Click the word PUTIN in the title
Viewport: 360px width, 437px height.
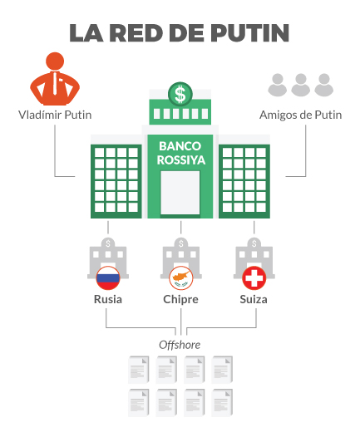[x=249, y=33]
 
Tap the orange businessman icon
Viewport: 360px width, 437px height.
[x=55, y=79]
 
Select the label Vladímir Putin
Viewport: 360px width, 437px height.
[x=55, y=115]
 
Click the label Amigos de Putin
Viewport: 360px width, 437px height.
[x=301, y=115]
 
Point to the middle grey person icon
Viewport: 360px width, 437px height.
[x=301, y=85]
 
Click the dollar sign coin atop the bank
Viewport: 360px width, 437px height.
[x=180, y=94]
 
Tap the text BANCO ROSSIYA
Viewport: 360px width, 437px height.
[x=180, y=153]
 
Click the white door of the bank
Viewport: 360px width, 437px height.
[x=180, y=193]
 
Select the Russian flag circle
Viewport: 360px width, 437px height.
[x=108, y=278]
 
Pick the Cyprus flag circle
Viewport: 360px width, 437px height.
[x=181, y=278]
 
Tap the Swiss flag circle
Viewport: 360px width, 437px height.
[x=254, y=278]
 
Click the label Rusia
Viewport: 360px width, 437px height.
[x=108, y=299]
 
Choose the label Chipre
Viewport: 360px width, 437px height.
[x=180, y=300]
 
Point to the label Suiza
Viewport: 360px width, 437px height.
[x=254, y=299]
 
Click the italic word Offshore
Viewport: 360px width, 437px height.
[x=180, y=345]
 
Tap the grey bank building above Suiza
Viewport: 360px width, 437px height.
[x=254, y=258]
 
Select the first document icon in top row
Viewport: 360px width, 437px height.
[x=138, y=370]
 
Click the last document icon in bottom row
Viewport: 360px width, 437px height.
[x=222, y=403]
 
